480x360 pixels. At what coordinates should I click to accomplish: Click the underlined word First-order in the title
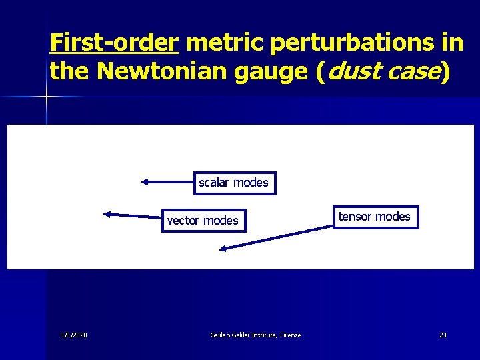click(x=114, y=43)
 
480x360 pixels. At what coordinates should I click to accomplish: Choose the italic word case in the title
click(x=413, y=71)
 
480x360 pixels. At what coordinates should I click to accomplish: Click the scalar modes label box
click(x=235, y=183)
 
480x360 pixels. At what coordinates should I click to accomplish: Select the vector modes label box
click(x=203, y=220)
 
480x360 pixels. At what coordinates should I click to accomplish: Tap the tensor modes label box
click(x=375, y=217)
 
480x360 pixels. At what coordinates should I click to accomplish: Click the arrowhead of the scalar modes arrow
click(x=144, y=181)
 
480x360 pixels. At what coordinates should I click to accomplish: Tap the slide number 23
click(x=443, y=335)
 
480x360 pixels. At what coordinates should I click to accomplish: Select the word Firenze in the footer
click(x=290, y=335)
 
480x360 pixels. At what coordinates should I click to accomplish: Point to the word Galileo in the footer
click(x=220, y=335)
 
